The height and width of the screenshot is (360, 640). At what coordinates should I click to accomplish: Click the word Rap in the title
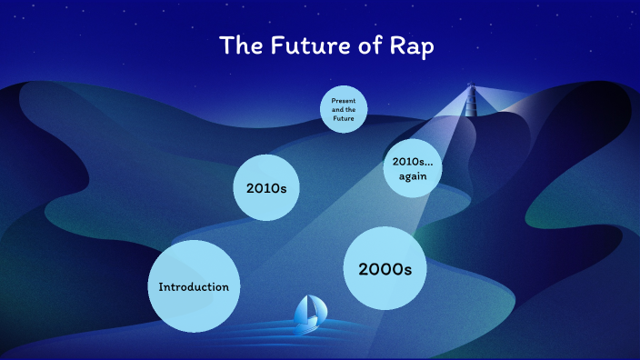(410, 46)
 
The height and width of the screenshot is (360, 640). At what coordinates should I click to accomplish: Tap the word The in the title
(242, 46)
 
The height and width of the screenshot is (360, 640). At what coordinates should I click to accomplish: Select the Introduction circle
(194, 286)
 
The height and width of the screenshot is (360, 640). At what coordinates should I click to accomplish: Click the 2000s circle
(385, 268)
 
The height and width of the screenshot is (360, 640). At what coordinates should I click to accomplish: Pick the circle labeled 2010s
(267, 188)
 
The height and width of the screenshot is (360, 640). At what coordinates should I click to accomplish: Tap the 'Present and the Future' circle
(343, 110)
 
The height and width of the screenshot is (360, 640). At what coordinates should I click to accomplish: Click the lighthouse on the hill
(471, 100)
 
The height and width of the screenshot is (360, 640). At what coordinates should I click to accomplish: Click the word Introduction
(194, 287)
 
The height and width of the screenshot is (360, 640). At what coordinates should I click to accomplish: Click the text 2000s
(385, 269)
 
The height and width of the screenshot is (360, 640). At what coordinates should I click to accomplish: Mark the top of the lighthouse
(471, 87)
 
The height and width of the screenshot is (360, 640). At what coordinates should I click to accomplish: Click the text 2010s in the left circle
(267, 189)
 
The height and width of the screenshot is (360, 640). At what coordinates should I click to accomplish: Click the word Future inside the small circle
(343, 118)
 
